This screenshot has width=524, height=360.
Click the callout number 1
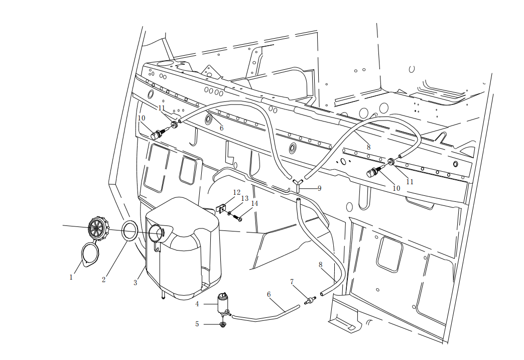coord(71,277)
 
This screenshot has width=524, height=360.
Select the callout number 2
coord(104,280)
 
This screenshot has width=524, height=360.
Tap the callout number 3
coord(135,283)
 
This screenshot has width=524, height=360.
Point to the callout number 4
coord(197,304)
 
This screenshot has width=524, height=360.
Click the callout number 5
coord(197,324)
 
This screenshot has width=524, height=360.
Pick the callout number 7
coord(292,282)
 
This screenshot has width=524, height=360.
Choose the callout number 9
coord(319,188)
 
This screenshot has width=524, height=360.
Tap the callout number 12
coord(237,192)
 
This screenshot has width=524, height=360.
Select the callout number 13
coord(245,198)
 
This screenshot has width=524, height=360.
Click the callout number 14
coord(254,203)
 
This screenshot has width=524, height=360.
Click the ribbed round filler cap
coord(98,228)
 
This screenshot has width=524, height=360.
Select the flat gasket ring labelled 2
coord(130,230)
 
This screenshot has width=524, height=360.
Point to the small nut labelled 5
coord(223,324)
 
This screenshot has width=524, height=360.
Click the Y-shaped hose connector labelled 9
coord(297,185)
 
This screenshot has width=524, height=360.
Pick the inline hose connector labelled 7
coord(309,301)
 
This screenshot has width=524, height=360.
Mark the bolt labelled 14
coord(239,218)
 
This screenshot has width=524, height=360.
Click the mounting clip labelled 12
coord(220,207)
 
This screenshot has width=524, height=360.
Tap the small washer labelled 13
coord(229,214)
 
